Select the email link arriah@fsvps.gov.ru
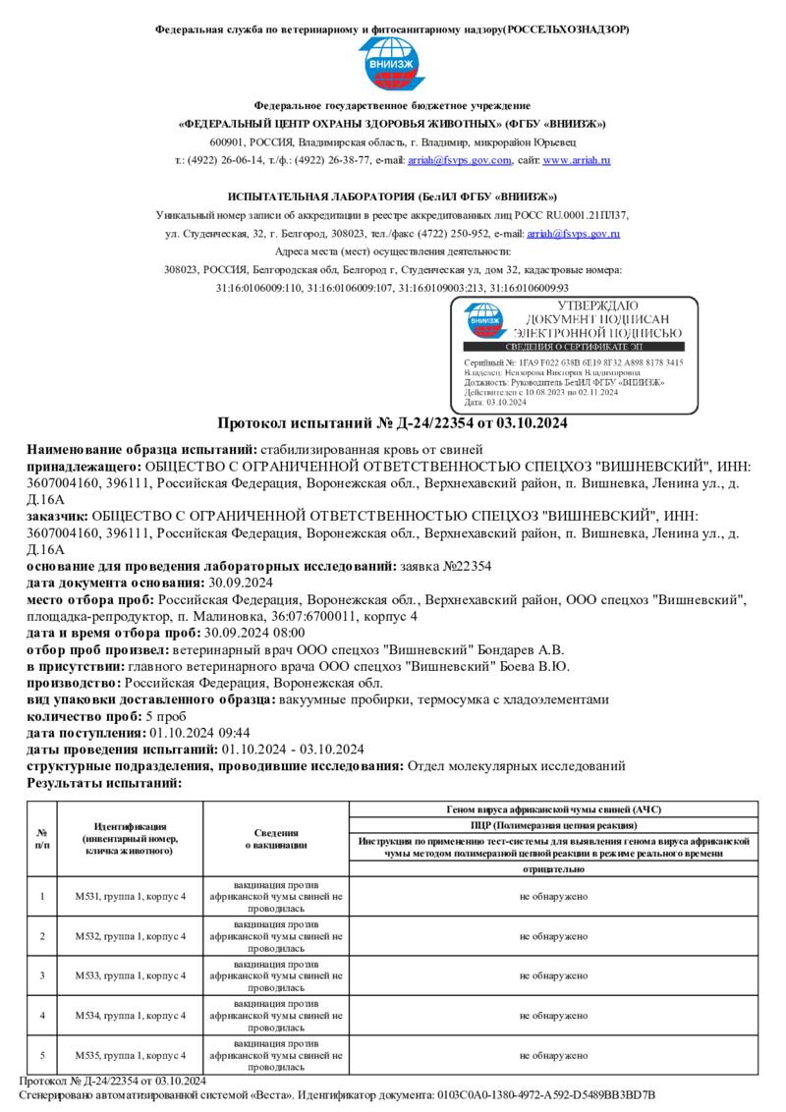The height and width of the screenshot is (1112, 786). [573, 234]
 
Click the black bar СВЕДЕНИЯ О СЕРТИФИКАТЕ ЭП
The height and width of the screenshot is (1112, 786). [573, 347]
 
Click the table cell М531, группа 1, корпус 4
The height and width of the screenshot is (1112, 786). [130, 896]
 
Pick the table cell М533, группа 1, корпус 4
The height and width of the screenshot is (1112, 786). [130, 975]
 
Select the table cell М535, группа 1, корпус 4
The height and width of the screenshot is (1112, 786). [130, 1055]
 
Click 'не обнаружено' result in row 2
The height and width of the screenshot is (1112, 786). [554, 936]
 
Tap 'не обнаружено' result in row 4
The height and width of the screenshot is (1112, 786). [554, 1016]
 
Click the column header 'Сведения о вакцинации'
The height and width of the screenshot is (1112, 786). [276, 838]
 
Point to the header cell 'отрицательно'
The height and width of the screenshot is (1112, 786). [554, 869]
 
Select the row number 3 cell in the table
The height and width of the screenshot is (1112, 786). [42, 975]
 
